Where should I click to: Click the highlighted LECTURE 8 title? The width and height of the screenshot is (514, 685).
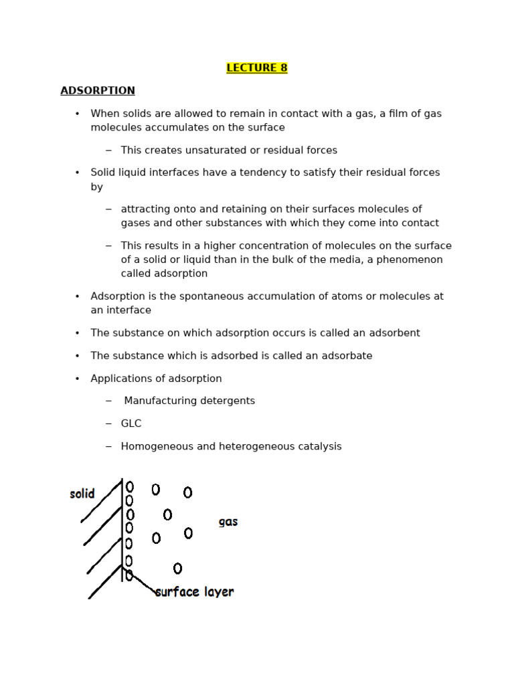[x=257, y=68]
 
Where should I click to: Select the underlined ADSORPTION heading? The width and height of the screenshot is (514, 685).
[x=98, y=90]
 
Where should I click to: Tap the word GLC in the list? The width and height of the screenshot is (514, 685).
[x=131, y=423]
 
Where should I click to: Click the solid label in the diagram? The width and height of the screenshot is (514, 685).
[x=82, y=494]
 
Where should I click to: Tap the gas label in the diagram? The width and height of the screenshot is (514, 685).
[x=228, y=522]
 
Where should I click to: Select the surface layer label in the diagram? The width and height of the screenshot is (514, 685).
[x=195, y=592]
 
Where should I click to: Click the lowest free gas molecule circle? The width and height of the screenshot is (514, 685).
[x=177, y=569]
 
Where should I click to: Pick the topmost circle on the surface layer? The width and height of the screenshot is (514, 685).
[x=130, y=487]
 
